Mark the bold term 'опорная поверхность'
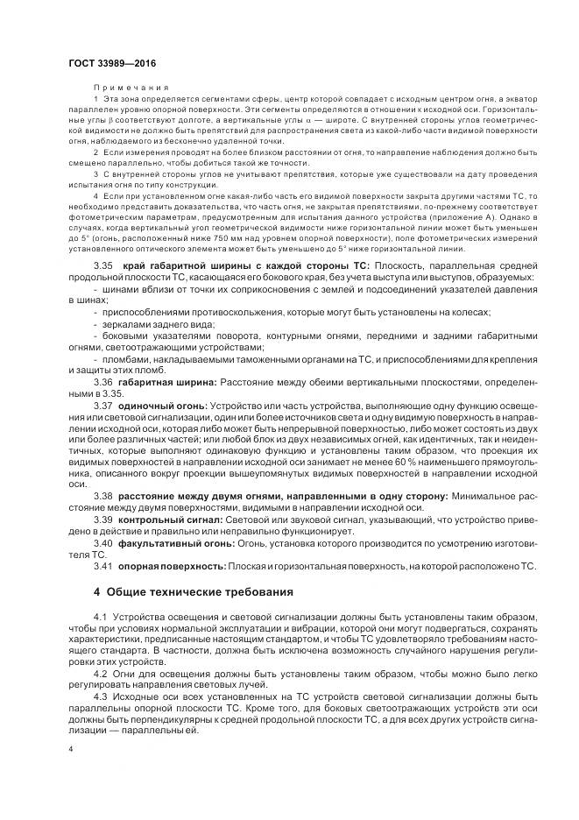[x=171, y=566]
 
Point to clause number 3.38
[x=103, y=497]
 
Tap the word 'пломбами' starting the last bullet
[x=124, y=359]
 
